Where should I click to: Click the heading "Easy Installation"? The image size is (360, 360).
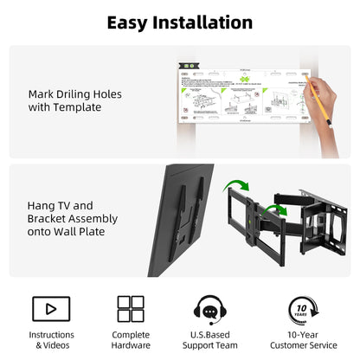pos(179,21)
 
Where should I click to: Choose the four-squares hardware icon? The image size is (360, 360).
pos(131,308)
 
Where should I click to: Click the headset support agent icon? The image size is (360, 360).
pos(210,309)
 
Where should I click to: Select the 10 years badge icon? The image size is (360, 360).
pos(302,309)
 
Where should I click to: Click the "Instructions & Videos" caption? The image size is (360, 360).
pos(51,340)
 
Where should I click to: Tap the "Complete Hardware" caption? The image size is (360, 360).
pos(131,340)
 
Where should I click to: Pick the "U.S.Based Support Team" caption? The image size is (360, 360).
pos(210,340)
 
